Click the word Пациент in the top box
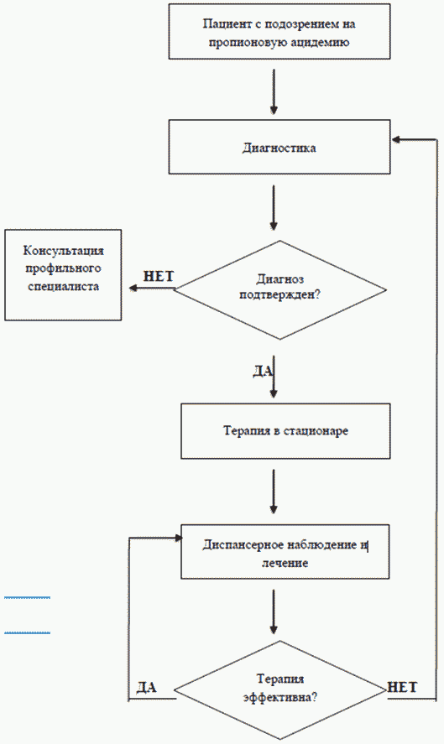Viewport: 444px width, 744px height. coord(222,24)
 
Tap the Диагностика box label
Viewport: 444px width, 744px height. coord(279,148)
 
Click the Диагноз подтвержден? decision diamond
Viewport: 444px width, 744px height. coord(280,290)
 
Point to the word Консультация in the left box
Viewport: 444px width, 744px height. coord(63,250)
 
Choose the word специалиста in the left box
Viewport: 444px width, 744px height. coord(63,287)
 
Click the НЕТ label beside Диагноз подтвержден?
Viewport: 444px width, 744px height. coord(158,276)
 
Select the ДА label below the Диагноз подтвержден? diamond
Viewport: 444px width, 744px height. coord(263,371)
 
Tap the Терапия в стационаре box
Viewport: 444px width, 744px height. coord(285,431)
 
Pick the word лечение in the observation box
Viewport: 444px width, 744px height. coord(285,563)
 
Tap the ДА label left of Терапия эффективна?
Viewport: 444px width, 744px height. coord(147,688)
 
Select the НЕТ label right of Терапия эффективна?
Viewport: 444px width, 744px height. coord(402,687)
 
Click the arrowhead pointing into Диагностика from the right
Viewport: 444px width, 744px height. coord(396,139)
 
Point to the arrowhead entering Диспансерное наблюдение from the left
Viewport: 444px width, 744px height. coord(179,538)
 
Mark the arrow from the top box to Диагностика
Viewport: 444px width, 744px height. coord(274,92)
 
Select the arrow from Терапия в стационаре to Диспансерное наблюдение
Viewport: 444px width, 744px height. coord(274,492)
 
